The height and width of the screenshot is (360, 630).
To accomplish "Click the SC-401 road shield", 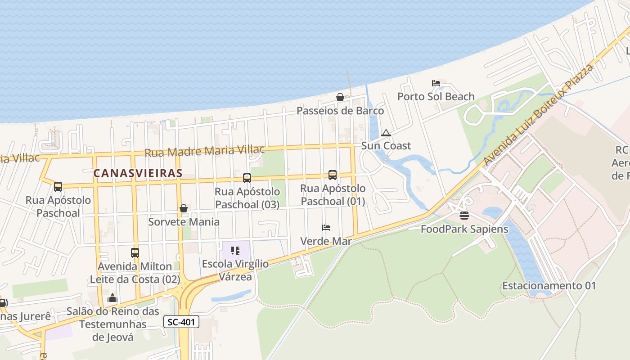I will tap(181, 322).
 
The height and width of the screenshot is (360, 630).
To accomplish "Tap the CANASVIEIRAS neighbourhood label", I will tap(138, 173).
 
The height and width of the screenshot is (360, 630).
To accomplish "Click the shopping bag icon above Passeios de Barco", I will tap(340, 97).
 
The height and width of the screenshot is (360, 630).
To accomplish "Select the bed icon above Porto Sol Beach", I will tap(436, 83).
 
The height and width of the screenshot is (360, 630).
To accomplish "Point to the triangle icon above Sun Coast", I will tap(386, 133).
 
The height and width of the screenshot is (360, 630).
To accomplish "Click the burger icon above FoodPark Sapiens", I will tap(464, 216).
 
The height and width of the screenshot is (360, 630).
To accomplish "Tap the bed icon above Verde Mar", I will tap(326, 228).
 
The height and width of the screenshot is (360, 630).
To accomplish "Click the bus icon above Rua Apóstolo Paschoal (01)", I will tap(333, 175).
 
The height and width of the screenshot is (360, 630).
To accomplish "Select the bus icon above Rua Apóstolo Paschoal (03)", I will tap(247, 178).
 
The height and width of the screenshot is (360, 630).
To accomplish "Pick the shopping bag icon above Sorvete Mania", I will tap(184, 208).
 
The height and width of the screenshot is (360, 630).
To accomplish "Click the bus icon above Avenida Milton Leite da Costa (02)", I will tap(135, 252).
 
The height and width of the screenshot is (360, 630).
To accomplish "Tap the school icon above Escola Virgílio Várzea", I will tap(235, 250).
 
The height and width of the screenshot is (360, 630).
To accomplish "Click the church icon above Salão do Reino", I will tap(112, 298).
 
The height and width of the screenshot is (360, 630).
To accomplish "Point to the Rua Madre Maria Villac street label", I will tap(204, 151).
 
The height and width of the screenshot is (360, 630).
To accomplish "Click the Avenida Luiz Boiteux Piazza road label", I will tap(538, 115).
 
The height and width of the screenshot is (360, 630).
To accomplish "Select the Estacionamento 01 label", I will tap(549, 286).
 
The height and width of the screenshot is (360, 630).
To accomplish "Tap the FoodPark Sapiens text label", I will tap(464, 229).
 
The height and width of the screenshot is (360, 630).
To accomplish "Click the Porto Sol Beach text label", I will tap(436, 96).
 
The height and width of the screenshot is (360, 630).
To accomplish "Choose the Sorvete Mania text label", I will tap(184, 222).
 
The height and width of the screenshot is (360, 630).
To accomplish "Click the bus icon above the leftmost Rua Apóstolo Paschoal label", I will tap(58, 186).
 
